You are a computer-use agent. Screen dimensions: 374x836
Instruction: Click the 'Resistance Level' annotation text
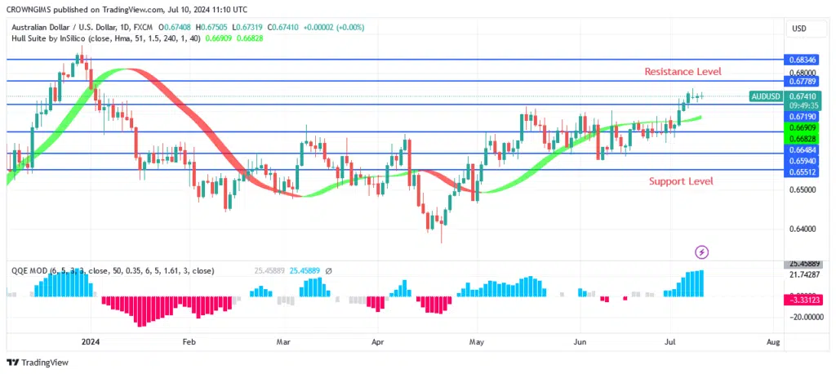(x=683, y=72)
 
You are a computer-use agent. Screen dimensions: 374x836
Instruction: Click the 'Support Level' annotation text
(x=681, y=180)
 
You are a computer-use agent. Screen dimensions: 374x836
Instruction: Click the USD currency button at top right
(x=799, y=29)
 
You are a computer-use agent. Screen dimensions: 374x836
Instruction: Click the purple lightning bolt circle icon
(x=701, y=252)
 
